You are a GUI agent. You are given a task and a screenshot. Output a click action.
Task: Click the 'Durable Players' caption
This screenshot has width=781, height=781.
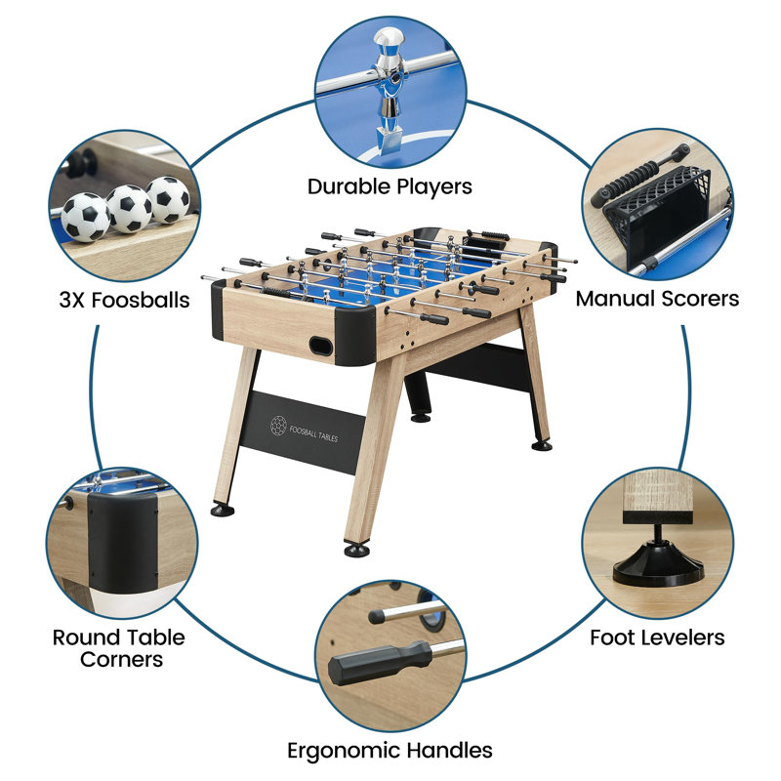pos(390,185)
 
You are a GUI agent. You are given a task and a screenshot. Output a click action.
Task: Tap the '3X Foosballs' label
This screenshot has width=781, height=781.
pos(124,300)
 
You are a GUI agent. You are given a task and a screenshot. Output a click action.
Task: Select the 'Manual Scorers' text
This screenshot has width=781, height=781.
pos(656,299)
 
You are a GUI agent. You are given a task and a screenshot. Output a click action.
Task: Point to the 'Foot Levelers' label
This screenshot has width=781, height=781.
pos(657,637)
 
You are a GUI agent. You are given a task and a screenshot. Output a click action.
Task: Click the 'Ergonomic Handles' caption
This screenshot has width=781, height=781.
pos(390,750)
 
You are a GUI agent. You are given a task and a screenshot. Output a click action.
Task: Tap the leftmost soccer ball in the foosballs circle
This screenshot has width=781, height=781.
pos(86,217)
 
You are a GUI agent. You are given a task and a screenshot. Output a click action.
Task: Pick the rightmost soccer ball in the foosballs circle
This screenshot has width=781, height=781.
pos(169,198)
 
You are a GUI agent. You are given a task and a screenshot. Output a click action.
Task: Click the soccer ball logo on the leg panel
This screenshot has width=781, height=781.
pos(277,426)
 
